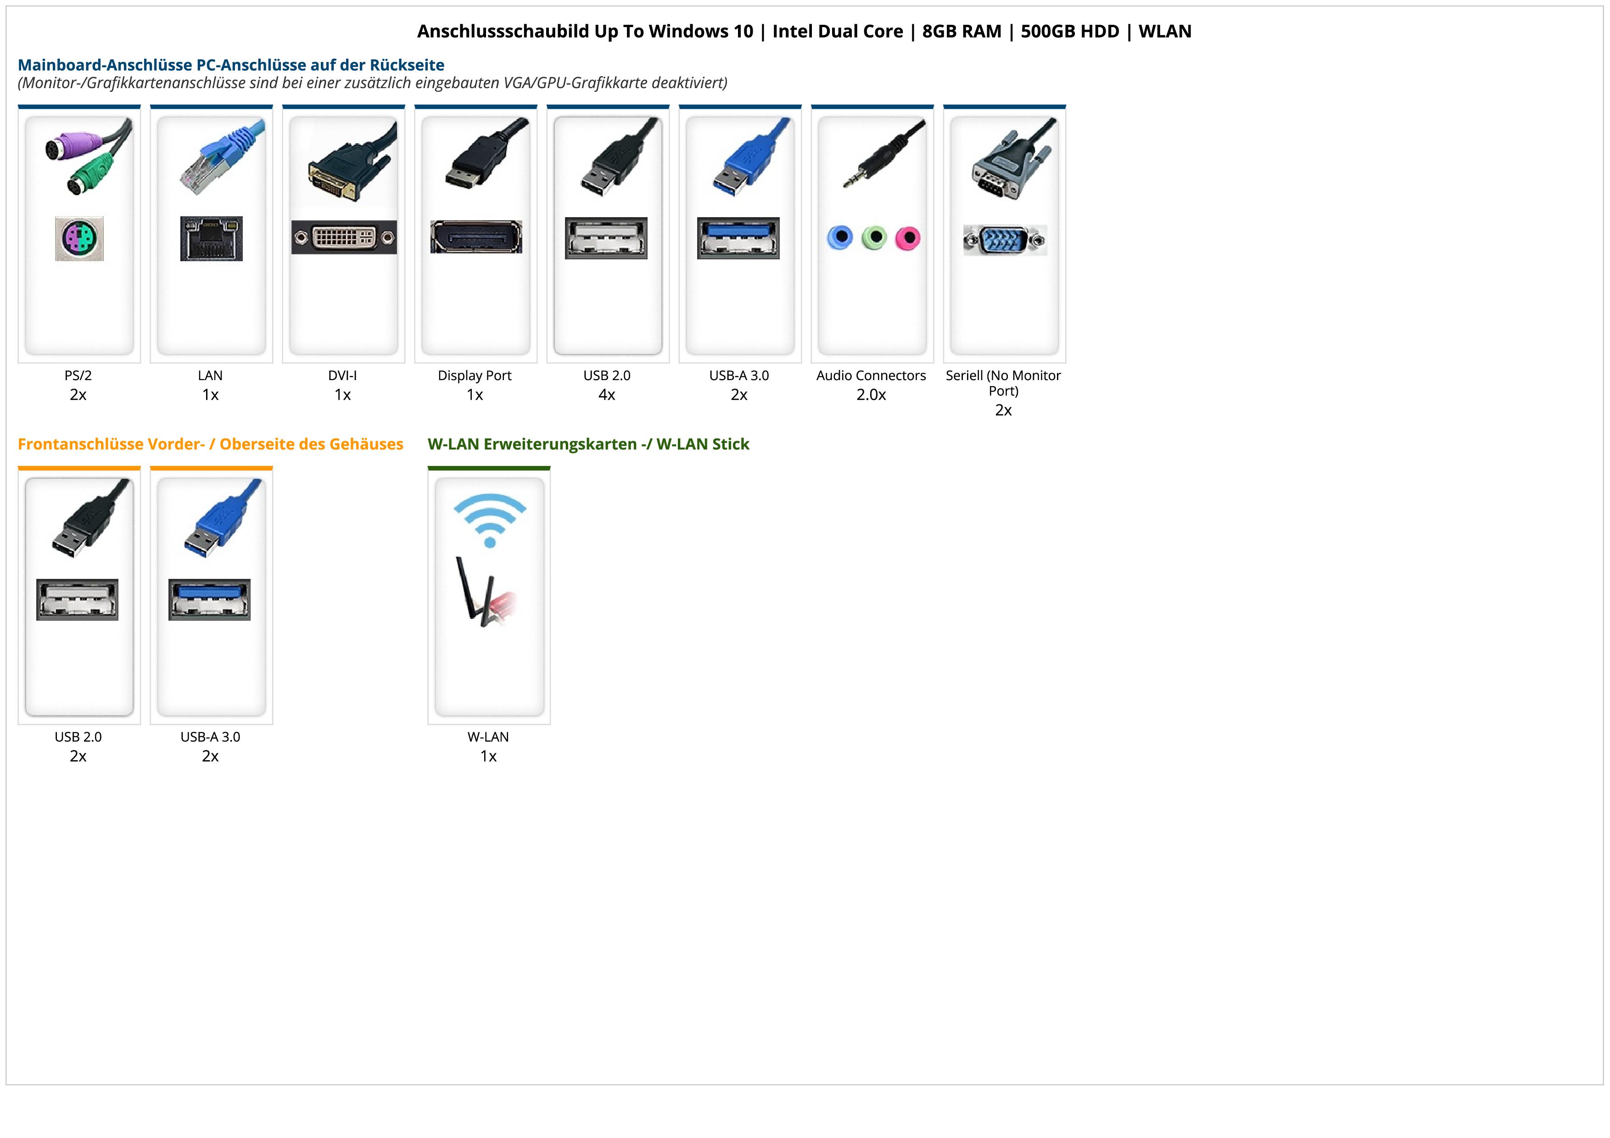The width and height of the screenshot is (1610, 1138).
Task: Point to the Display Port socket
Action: point(476,237)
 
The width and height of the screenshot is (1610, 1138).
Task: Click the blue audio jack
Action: point(840,238)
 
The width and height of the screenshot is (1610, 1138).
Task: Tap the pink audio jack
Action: point(907,238)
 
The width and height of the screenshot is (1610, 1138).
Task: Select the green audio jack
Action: point(874,238)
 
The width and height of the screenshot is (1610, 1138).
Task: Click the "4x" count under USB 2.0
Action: point(607,395)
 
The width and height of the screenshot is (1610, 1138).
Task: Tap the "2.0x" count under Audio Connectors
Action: point(871,395)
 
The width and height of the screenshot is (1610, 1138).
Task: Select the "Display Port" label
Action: point(475,375)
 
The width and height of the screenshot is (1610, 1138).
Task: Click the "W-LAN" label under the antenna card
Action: point(488,737)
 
